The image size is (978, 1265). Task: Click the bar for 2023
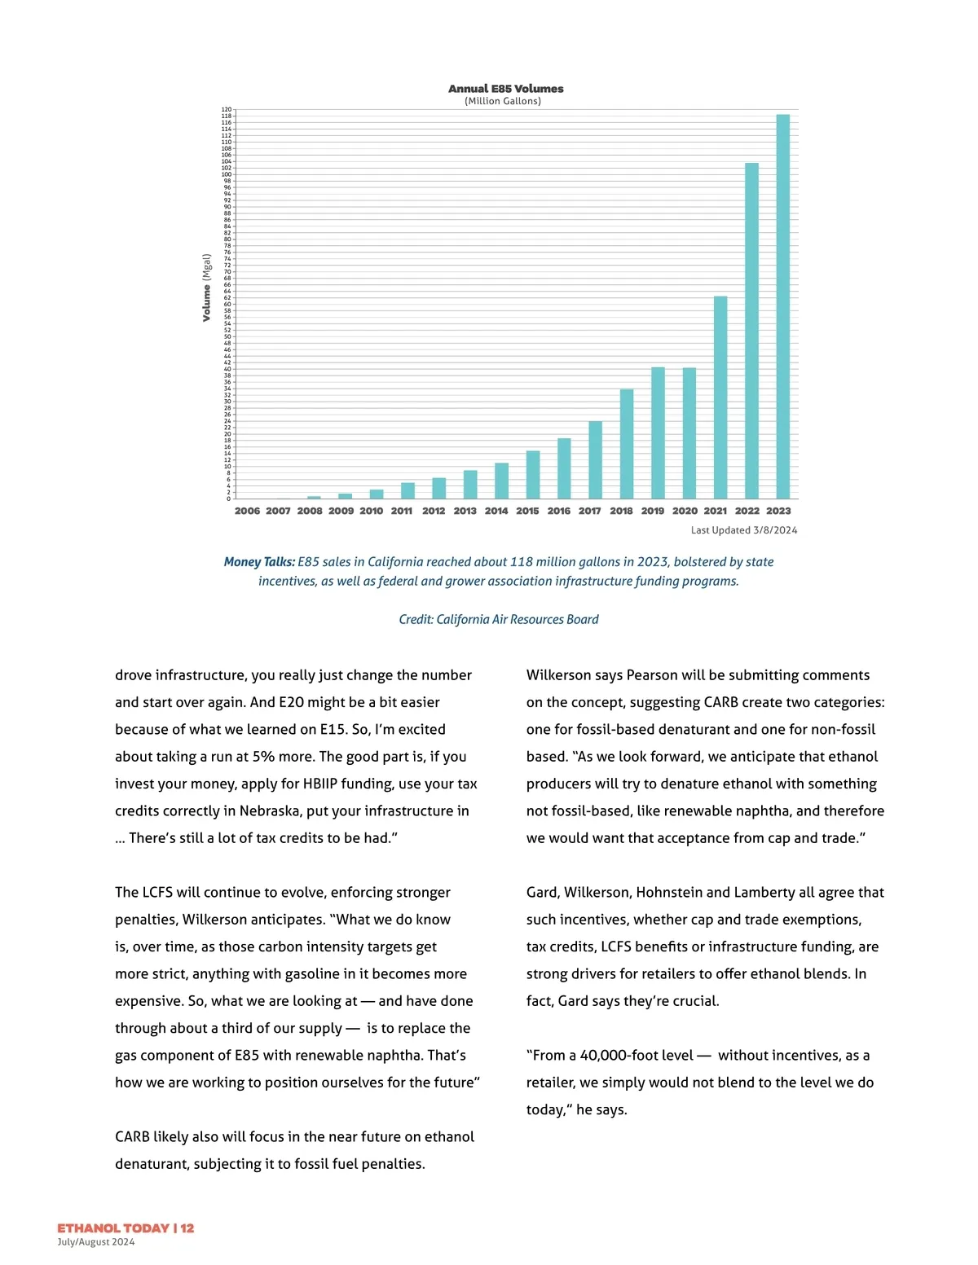click(x=782, y=306)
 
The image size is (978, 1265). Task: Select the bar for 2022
click(x=751, y=331)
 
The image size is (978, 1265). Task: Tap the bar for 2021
click(x=720, y=398)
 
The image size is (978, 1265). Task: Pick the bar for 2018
click(x=627, y=444)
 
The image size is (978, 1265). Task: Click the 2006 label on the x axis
click(x=247, y=511)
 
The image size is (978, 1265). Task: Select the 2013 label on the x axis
click(x=465, y=511)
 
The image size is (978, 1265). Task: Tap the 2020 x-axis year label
click(x=685, y=511)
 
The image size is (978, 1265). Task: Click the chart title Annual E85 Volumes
click(x=505, y=89)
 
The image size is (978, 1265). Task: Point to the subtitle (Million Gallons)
click(x=503, y=101)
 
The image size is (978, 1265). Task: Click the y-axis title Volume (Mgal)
click(x=207, y=288)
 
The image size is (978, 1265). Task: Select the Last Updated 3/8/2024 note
click(x=744, y=530)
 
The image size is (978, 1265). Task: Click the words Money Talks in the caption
click(x=259, y=562)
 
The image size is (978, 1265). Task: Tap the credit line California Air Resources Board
click(x=499, y=620)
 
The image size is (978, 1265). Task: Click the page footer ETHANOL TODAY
click(x=113, y=1228)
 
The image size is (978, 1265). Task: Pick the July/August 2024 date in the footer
click(x=96, y=1242)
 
